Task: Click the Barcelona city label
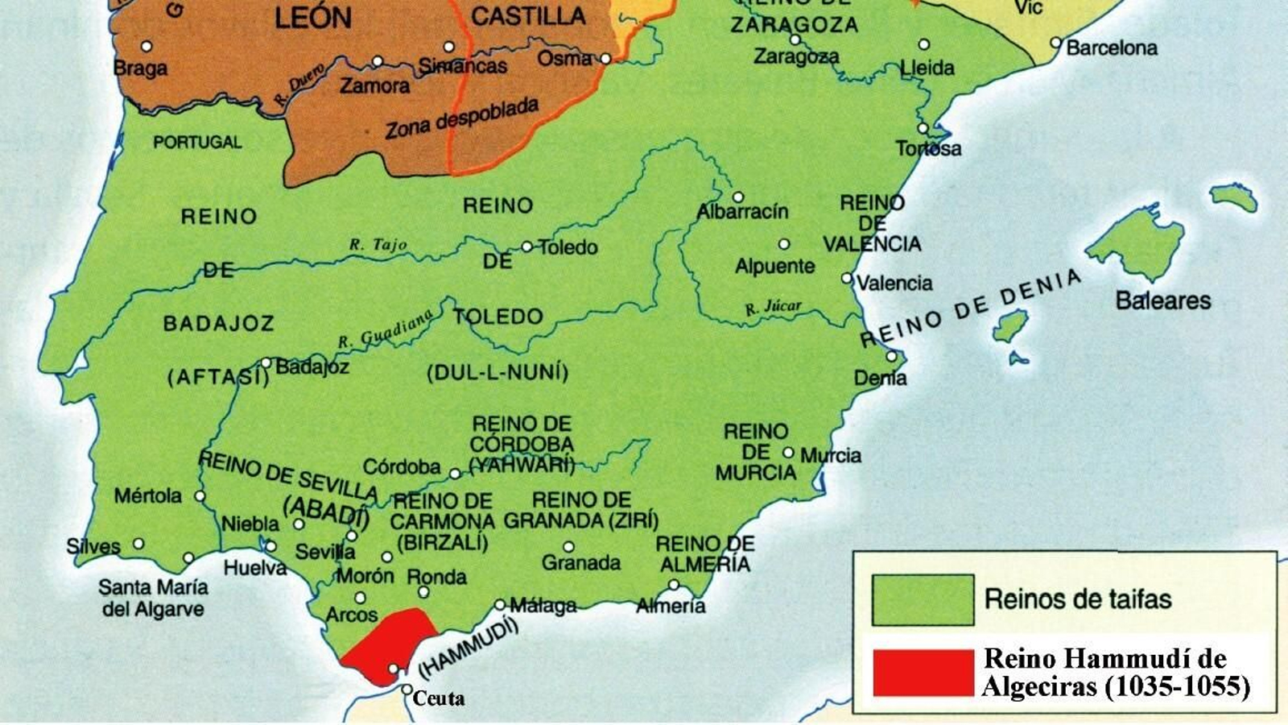(x=1112, y=48)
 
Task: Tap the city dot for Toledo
(x=526, y=246)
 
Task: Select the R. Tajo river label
(x=378, y=244)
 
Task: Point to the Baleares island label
(x=1162, y=300)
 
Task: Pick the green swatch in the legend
(x=923, y=599)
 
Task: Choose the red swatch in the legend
(x=923, y=673)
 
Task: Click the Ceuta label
(x=438, y=698)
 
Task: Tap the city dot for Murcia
(x=788, y=453)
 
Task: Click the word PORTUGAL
(x=197, y=143)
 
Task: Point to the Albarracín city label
(x=742, y=212)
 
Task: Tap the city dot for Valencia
(x=846, y=278)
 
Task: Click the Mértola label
(x=147, y=495)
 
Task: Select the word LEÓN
(x=312, y=18)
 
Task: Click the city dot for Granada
(x=568, y=547)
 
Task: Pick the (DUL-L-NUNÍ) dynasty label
(x=497, y=372)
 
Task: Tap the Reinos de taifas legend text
(x=1077, y=599)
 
